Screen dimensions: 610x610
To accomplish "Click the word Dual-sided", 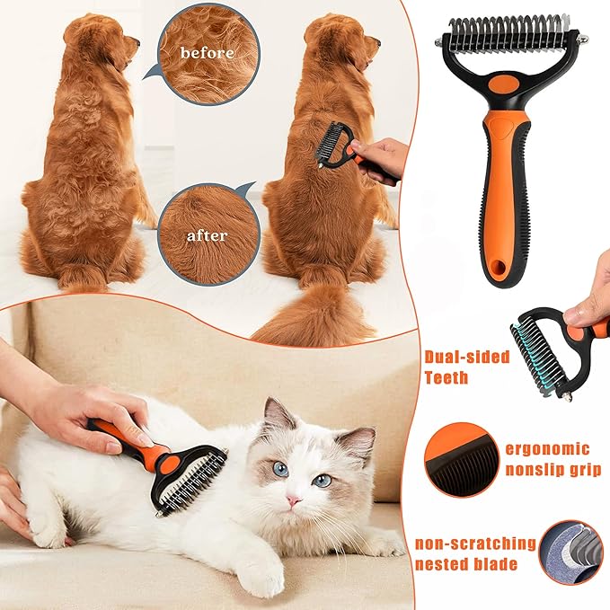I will [466, 357].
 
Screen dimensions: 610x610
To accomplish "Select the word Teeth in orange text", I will [446, 377].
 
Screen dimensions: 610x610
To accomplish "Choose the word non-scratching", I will [476, 544].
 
